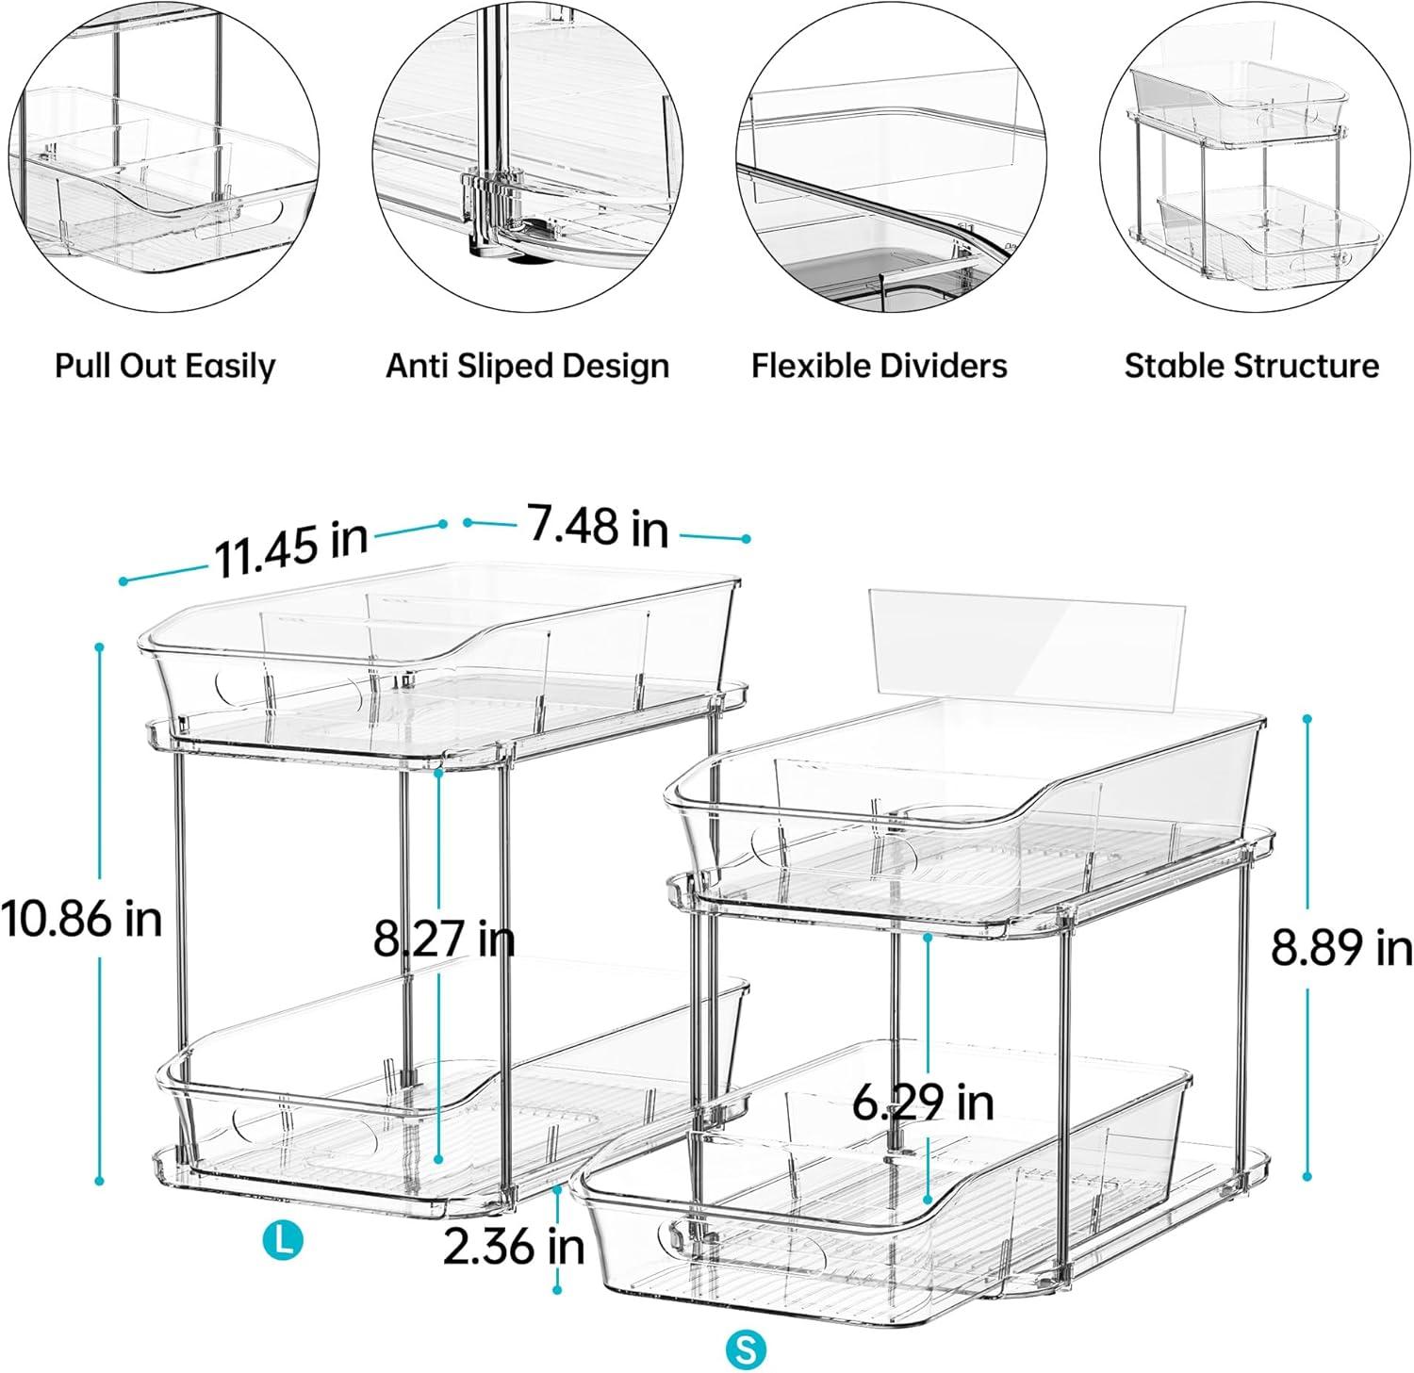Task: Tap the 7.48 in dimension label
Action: [598, 526]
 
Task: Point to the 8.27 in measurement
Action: [444, 939]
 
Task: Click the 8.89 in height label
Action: [1341, 947]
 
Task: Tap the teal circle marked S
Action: [746, 1348]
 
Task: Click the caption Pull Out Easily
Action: [165, 366]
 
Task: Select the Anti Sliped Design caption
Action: [527, 366]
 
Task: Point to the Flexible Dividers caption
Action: [879, 366]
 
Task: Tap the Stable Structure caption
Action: [1251, 366]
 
